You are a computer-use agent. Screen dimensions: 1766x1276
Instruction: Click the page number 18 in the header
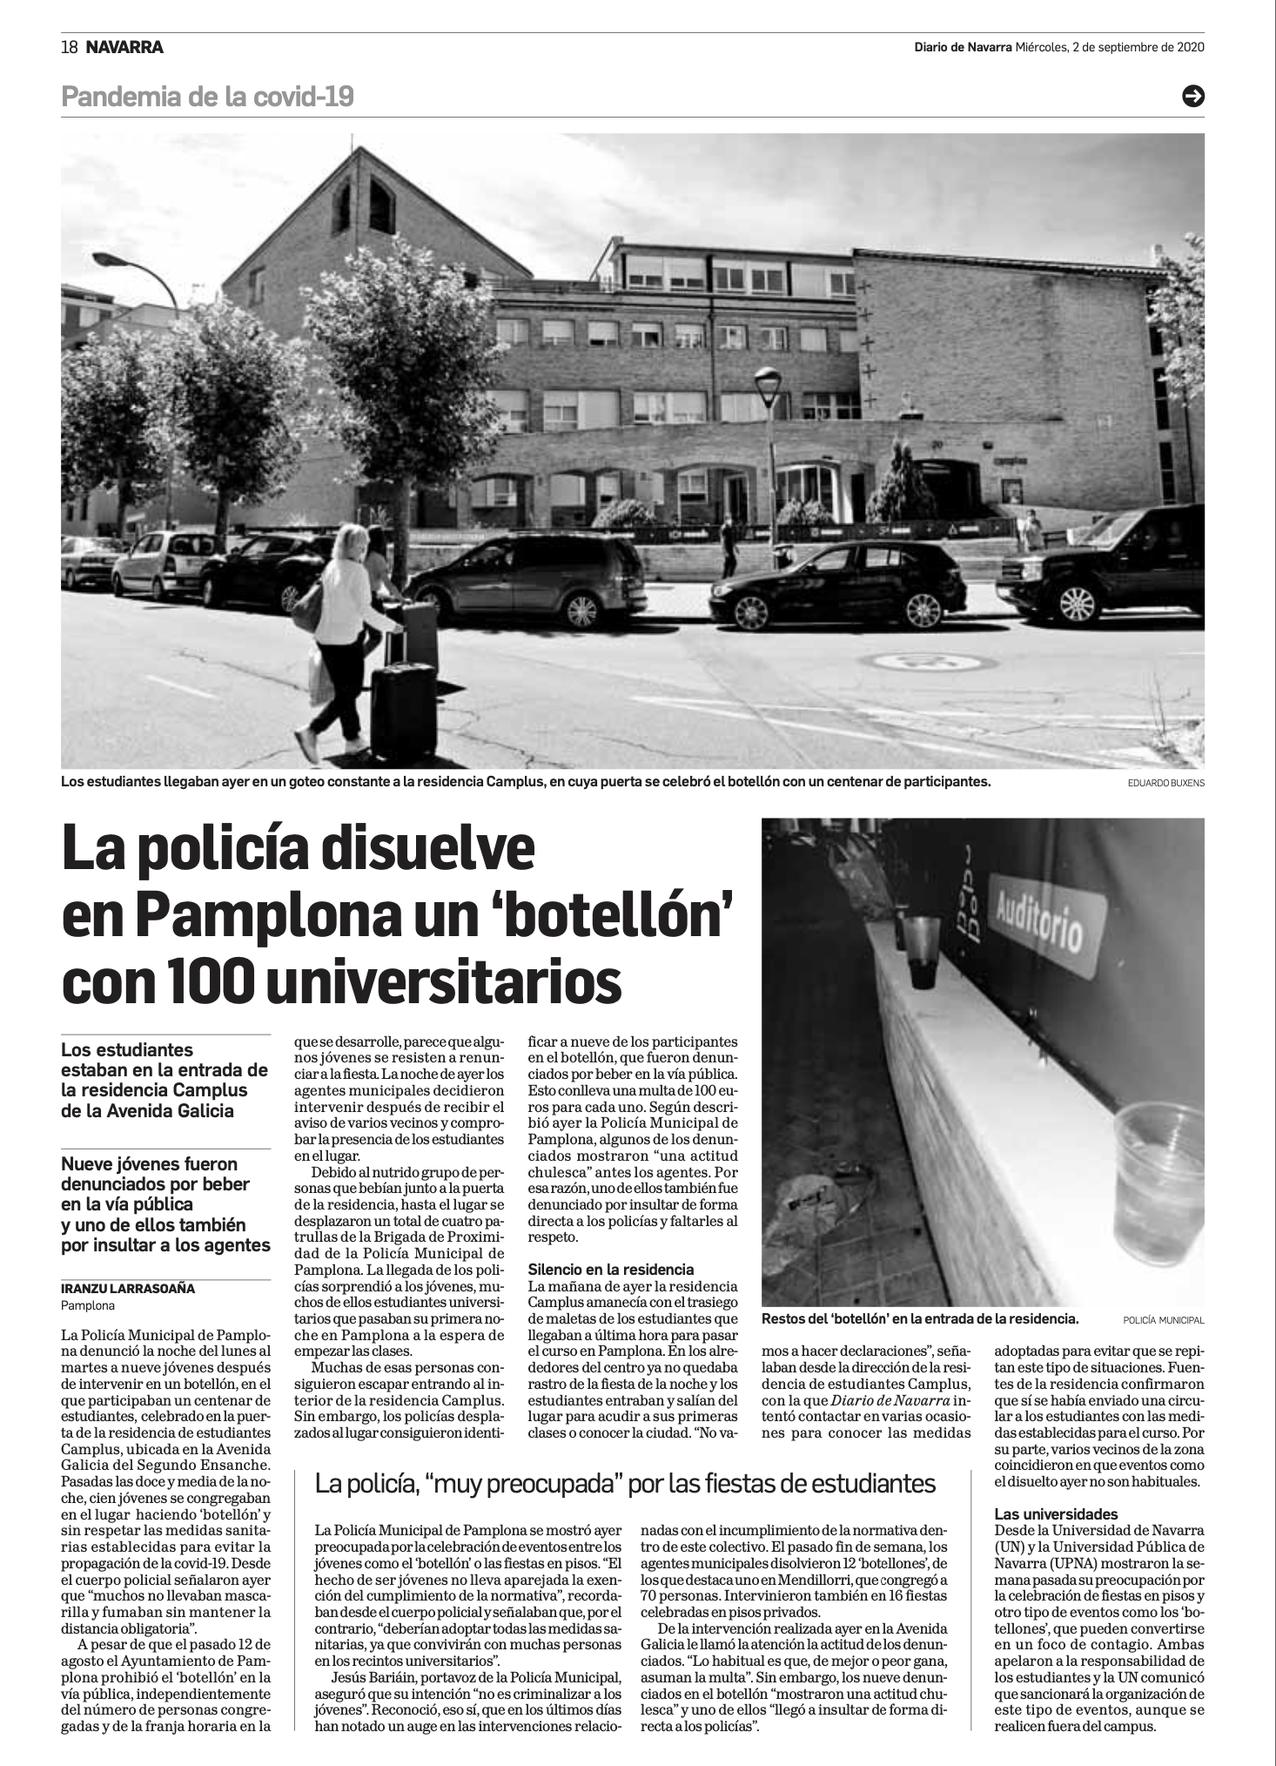click(x=70, y=48)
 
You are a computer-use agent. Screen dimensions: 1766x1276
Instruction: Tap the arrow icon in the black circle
click(x=1192, y=97)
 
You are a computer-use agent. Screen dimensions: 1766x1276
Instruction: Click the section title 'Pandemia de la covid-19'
click(x=207, y=97)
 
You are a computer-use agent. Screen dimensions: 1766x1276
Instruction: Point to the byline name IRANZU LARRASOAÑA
click(x=128, y=1289)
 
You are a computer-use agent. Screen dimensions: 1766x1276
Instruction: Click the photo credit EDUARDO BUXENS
click(x=1165, y=783)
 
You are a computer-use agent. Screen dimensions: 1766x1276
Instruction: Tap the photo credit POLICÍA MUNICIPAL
click(x=1163, y=1320)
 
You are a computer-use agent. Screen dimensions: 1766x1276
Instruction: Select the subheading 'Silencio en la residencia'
click(x=610, y=1270)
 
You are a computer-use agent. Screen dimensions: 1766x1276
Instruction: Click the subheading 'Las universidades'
click(x=1056, y=1513)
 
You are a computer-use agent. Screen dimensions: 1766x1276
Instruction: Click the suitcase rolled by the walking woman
click(x=404, y=710)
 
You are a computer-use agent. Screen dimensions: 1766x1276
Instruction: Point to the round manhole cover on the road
click(x=935, y=662)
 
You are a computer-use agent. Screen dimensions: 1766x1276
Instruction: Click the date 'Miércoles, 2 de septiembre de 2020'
click(x=1110, y=48)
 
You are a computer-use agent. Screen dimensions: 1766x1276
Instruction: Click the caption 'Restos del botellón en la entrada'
click(x=919, y=1319)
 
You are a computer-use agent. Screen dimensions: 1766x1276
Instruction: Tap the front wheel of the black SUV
click(x=1076, y=603)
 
